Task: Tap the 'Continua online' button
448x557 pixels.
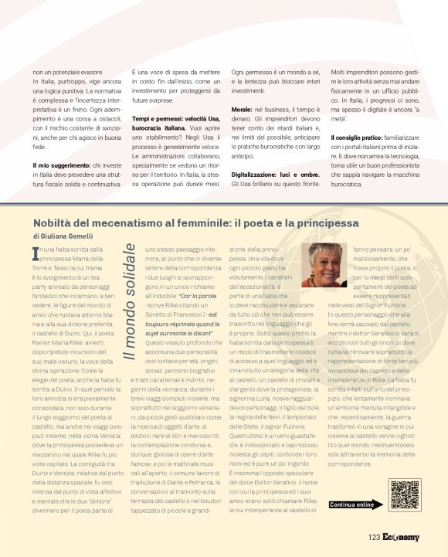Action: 353,504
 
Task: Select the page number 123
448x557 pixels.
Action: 374,538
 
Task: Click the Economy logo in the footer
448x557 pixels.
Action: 401,538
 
